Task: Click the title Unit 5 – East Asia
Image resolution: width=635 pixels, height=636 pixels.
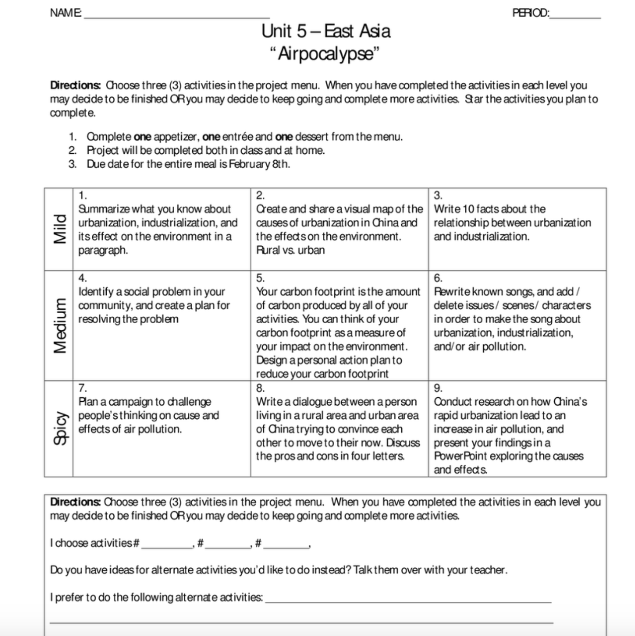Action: click(325, 31)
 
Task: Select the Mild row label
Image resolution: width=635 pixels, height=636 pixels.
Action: click(59, 229)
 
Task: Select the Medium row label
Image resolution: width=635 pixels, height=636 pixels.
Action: click(59, 325)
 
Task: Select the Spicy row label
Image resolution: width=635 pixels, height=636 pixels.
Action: click(59, 429)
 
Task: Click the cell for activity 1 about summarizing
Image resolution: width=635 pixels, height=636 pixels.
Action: click(161, 229)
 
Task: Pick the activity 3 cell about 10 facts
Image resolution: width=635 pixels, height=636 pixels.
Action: click(517, 229)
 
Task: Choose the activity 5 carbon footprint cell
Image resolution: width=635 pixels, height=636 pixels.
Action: click(339, 325)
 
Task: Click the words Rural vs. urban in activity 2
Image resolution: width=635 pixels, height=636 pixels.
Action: click(290, 250)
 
